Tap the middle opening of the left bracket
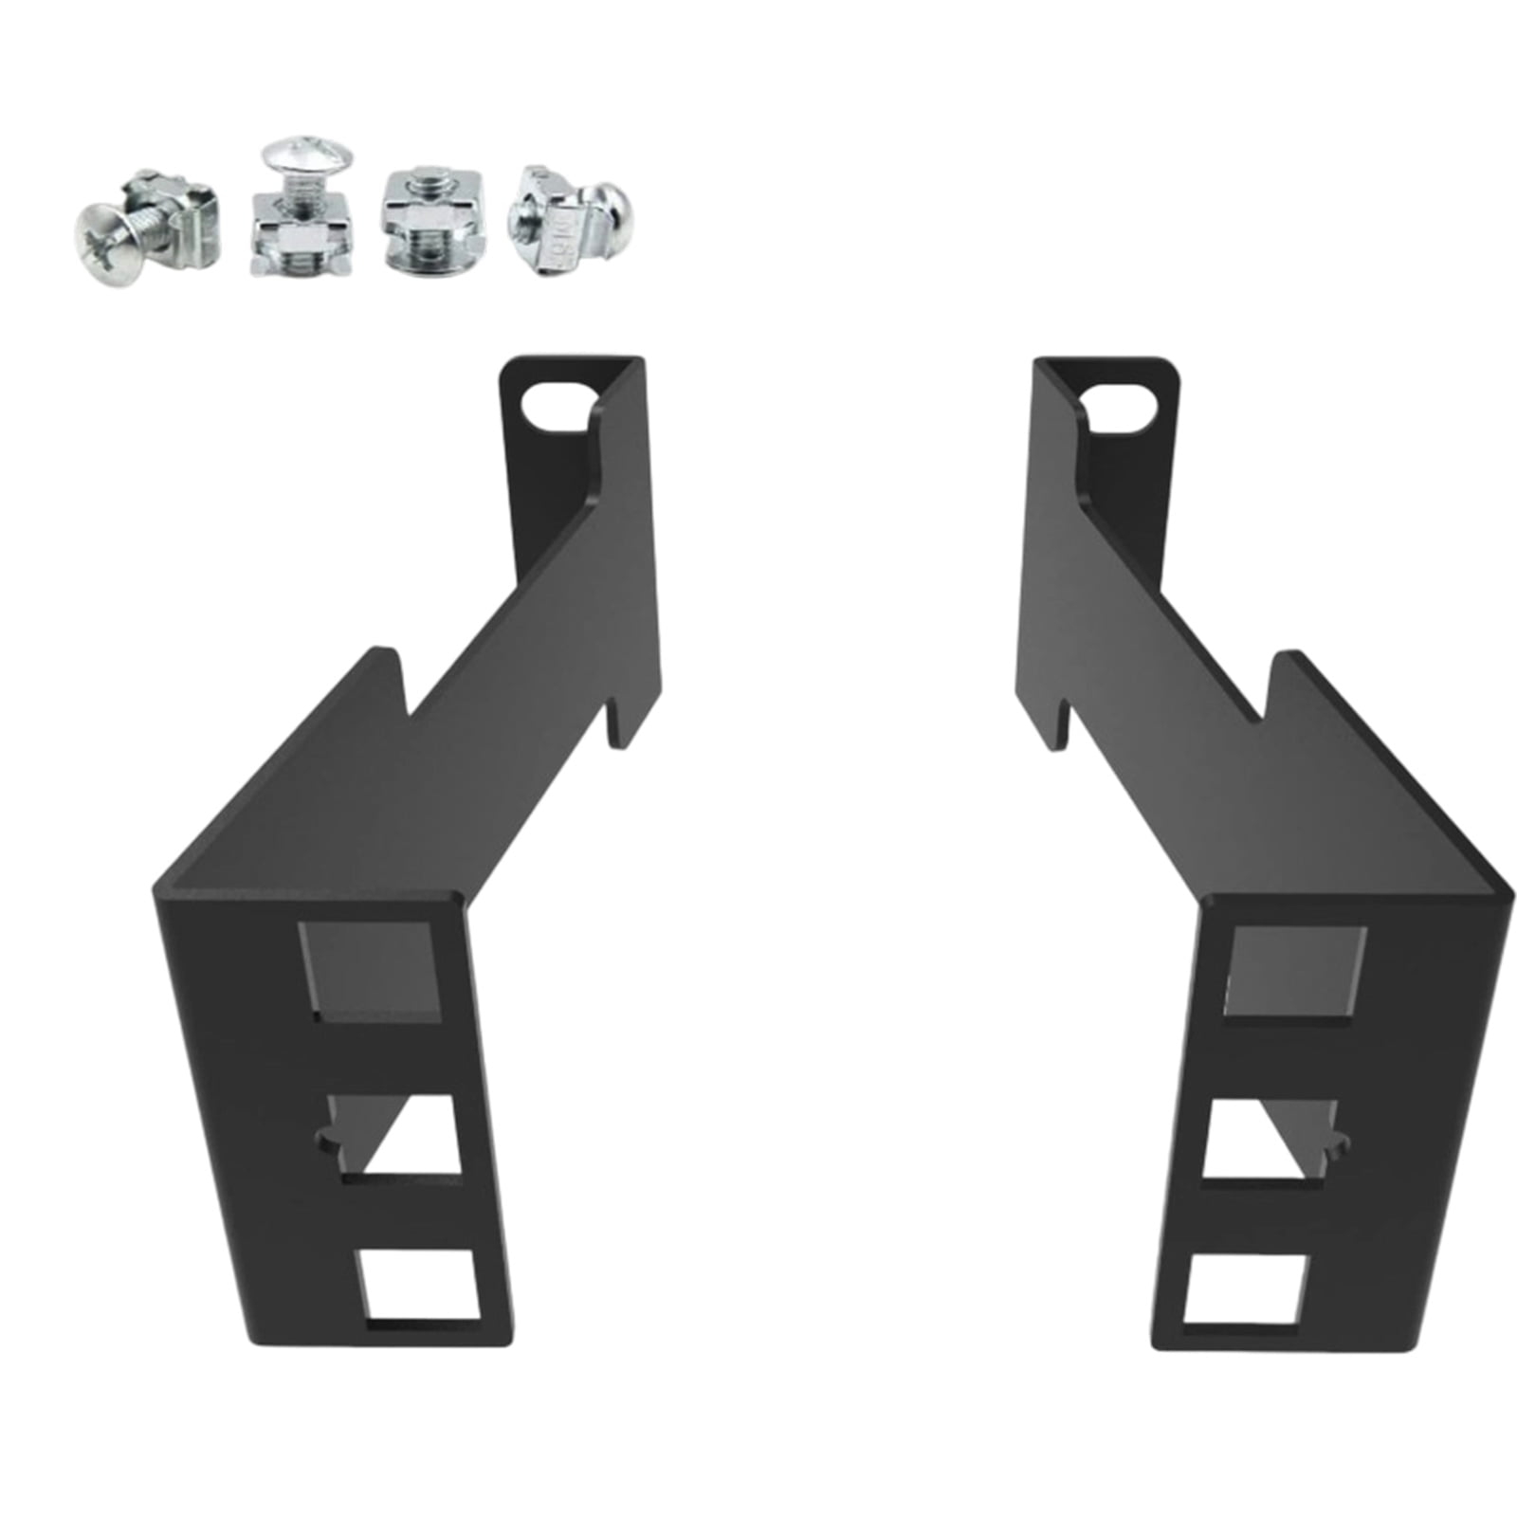tap(393, 1134)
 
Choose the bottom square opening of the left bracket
tap(417, 1284)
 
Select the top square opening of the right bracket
tap(1295, 971)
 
